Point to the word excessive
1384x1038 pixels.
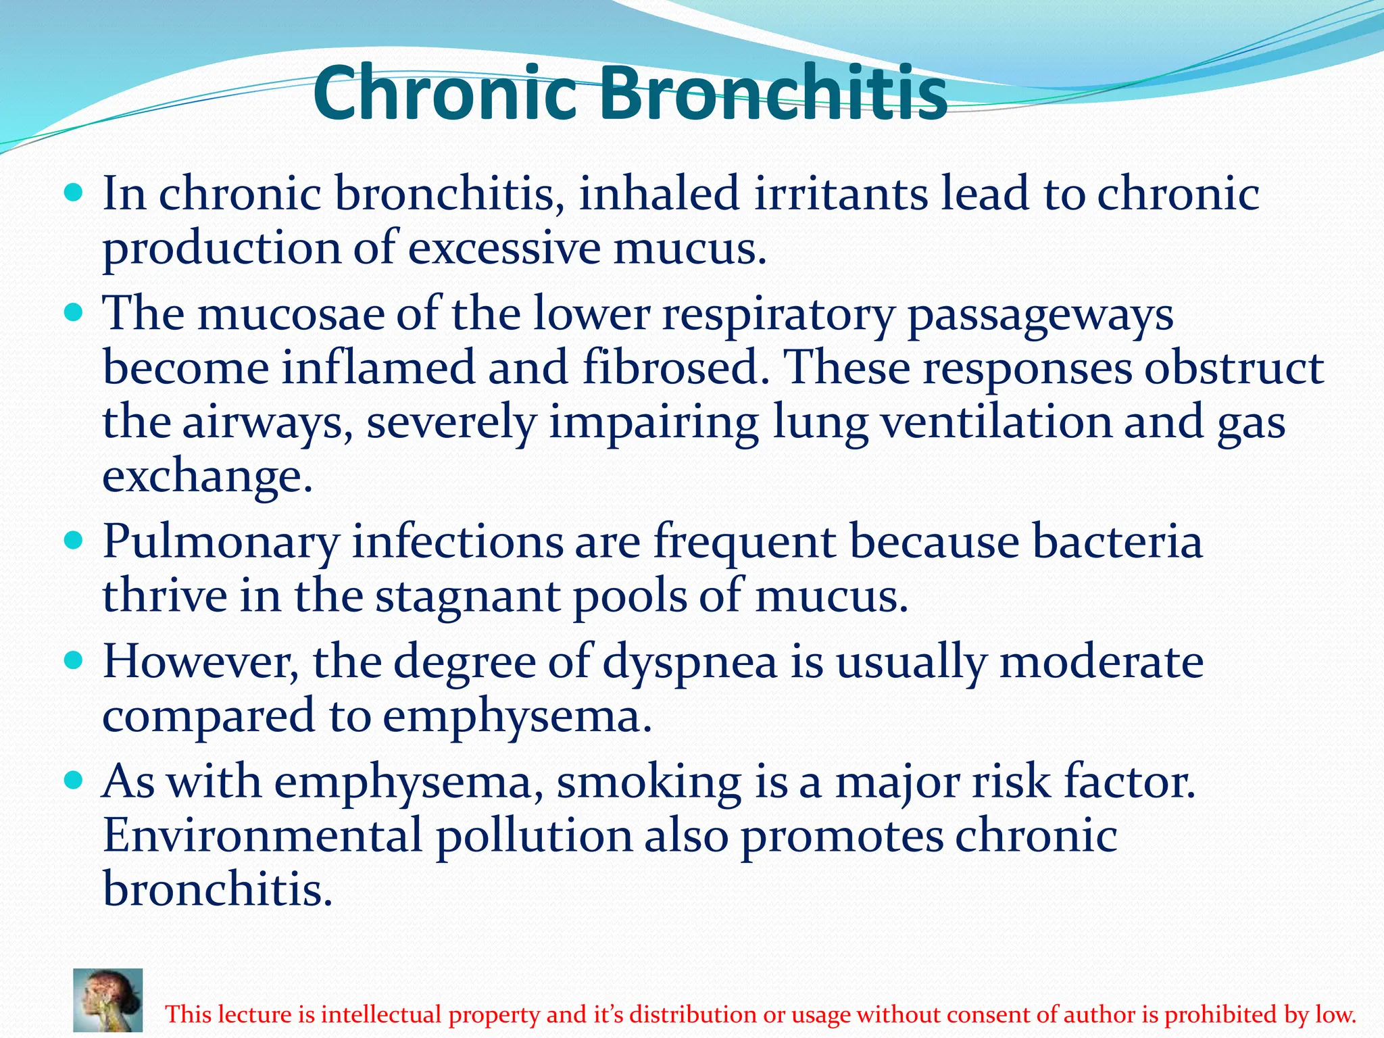[503, 249]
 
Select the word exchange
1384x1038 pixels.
[207, 477]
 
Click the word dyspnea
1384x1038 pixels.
[690, 663]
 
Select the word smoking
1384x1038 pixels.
[649, 783]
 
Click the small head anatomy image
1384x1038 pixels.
[108, 1000]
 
